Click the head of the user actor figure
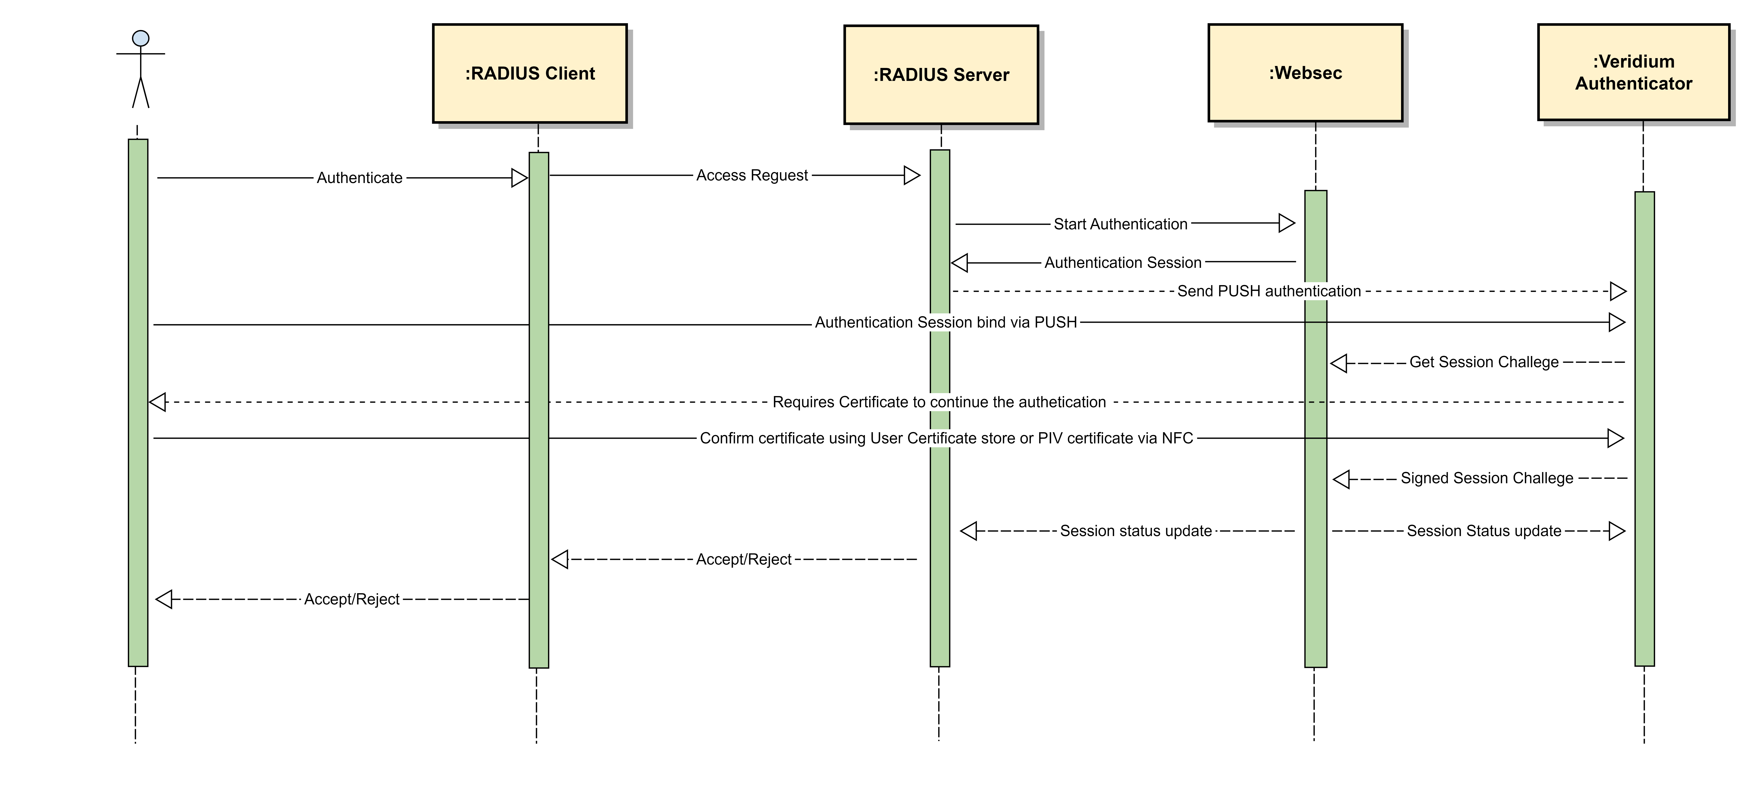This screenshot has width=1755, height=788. [x=140, y=38]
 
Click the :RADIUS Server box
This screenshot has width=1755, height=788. [x=941, y=75]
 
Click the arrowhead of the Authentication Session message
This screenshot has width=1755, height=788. [x=959, y=263]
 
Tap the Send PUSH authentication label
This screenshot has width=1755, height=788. [x=1269, y=291]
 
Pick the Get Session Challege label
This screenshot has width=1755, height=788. [x=1484, y=362]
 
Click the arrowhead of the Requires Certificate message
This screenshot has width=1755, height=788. [x=157, y=403]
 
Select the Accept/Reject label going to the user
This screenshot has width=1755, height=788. [x=352, y=599]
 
